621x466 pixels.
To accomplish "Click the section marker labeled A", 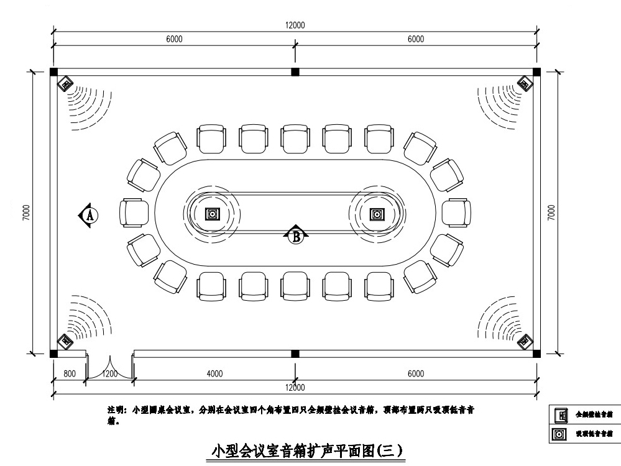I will point(89,215).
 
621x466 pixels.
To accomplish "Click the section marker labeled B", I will point(297,235).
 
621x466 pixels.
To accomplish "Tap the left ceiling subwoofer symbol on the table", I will point(213,214).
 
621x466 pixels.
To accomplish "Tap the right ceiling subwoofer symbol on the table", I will point(376,214).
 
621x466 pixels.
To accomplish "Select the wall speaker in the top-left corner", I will point(65,83).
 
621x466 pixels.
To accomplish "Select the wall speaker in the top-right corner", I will point(525,83).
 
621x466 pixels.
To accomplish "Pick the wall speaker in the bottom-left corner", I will point(64,341).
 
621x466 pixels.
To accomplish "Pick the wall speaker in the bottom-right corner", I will point(526,341).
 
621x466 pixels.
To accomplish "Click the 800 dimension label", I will point(69,374).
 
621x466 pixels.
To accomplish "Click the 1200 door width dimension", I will point(109,374).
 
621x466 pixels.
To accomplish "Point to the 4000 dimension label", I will point(214,374).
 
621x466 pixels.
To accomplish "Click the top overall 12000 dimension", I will point(295,25).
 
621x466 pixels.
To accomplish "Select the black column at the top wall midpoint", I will point(295,72).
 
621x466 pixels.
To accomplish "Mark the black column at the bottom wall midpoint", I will point(295,354).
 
